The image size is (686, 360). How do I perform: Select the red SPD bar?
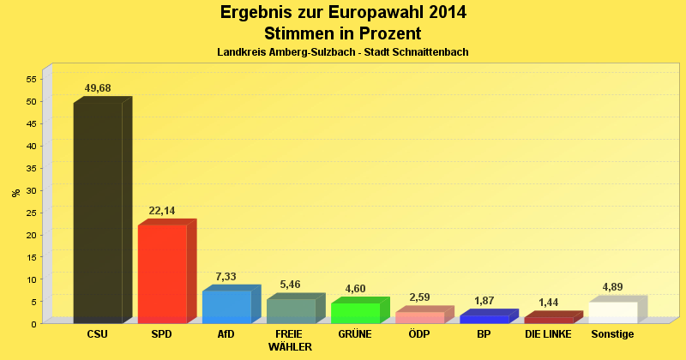tap(162, 273)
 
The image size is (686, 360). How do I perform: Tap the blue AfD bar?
tap(226, 307)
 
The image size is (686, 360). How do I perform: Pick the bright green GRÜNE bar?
tap(355, 313)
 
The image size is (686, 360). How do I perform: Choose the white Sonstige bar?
tap(612, 312)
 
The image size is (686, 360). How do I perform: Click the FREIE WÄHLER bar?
tap(291, 310)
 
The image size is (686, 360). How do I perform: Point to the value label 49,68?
tap(98, 88)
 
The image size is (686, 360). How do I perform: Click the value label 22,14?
tap(162, 211)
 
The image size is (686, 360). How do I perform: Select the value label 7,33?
tap(226, 277)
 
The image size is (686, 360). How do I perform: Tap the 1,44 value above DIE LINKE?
tap(548, 303)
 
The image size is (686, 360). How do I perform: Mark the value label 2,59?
tap(419, 297)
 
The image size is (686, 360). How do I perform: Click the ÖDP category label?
tap(419, 334)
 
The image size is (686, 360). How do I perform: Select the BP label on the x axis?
tap(483, 334)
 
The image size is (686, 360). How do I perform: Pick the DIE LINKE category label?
tap(548, 334)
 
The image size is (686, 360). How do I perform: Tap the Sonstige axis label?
tap(612, 334)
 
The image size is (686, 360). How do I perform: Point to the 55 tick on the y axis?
tap(31, 79)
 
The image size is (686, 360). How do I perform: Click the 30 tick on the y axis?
tap(31, 190)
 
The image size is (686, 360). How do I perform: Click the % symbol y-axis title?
tap(15, 193)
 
